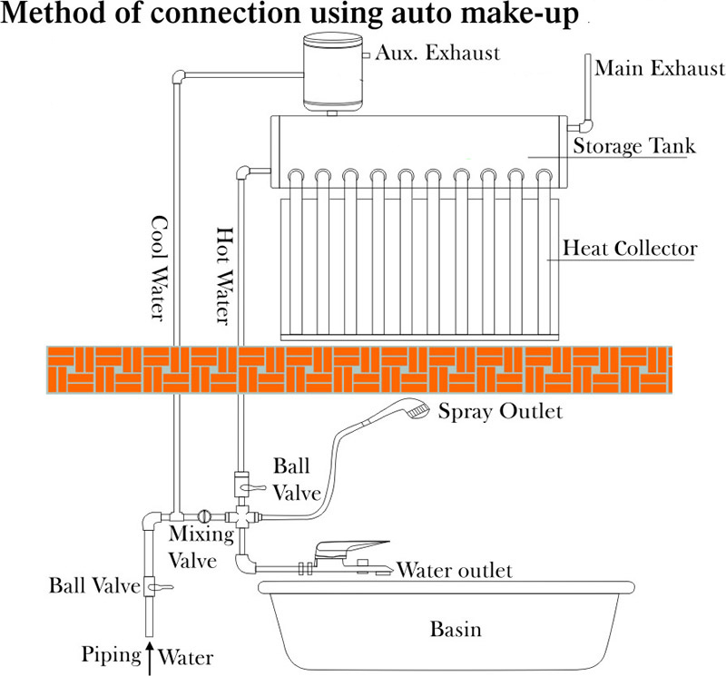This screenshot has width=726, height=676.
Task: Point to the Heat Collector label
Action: (x=630, y=248)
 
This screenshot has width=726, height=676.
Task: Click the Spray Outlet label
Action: (x=500, y=412)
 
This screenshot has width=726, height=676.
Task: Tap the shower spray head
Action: (x=417, y=410)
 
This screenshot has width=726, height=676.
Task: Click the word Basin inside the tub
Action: (x=456, y=629)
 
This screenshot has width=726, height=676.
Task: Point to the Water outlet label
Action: (x=456, y=571)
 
